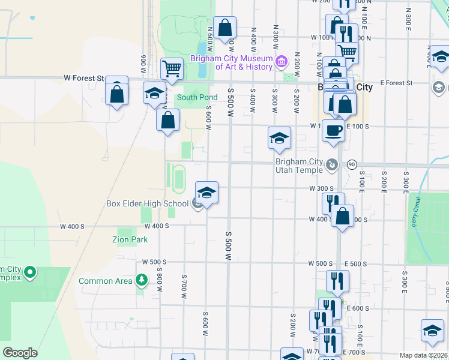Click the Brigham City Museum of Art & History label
231,62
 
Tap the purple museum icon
281,61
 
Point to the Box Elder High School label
148,203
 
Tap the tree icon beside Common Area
141,280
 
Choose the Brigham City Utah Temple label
299,166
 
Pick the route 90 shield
352,164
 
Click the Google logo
20,353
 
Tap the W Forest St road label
84,78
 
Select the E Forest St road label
396,83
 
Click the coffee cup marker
333,130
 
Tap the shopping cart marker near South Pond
172,69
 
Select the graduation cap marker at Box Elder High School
206,193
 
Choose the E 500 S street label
357,264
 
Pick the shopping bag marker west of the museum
224,28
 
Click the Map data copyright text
423,355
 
